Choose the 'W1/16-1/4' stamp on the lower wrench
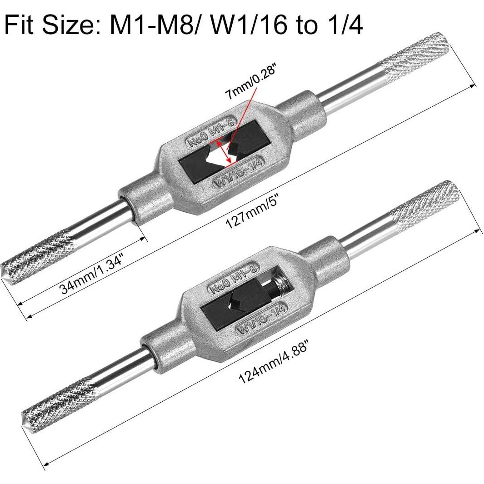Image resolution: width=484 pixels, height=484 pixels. coord(261,319)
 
